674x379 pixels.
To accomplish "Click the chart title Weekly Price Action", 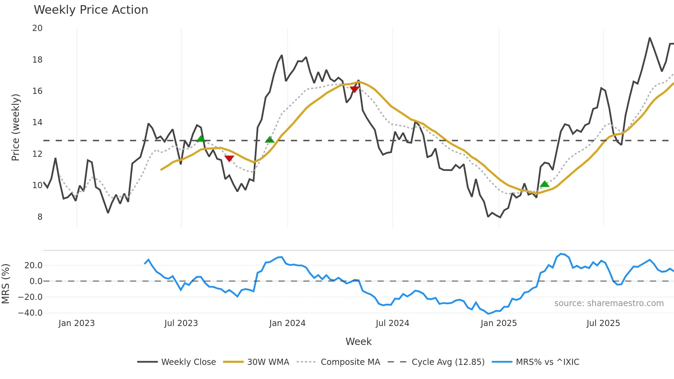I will [x=91, y=10].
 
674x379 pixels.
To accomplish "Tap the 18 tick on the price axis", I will [x=37, y=60].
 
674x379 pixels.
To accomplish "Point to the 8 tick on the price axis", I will [x=40, y=217].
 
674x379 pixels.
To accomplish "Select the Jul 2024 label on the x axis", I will [x=392, y=323].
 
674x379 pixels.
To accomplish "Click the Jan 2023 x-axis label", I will [x=76, y=323].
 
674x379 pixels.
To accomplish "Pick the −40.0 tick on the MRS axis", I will [x=30, y=313].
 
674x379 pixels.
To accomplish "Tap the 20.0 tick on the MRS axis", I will [x=33, y=266].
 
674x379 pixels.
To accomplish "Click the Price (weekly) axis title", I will [x=16, y=127].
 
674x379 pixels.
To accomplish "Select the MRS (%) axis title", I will [x=6, y=284].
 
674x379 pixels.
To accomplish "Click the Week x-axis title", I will [x=358, y=342].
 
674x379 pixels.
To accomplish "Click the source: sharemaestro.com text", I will [x=609, y=303].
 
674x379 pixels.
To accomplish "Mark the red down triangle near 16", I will [x=355, y=89].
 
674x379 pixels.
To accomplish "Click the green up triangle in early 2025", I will [x=544, y=184].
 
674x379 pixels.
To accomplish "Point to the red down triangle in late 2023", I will [x=229, y=158].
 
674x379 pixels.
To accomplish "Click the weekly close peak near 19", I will [x=650, y=38].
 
